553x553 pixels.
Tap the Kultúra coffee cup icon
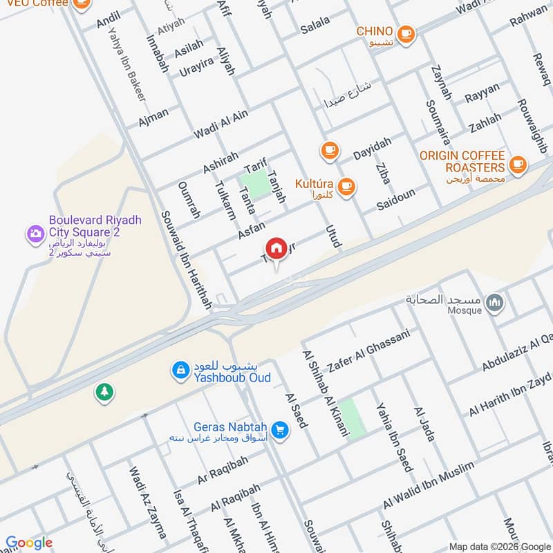click(346, 185)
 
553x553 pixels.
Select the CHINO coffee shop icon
click(406, 32)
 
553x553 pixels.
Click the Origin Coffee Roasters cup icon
click(516, 165)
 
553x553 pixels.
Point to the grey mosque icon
click(494, 302)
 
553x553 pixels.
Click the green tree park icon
click(104, 392)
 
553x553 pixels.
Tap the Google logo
click(29, 543)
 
